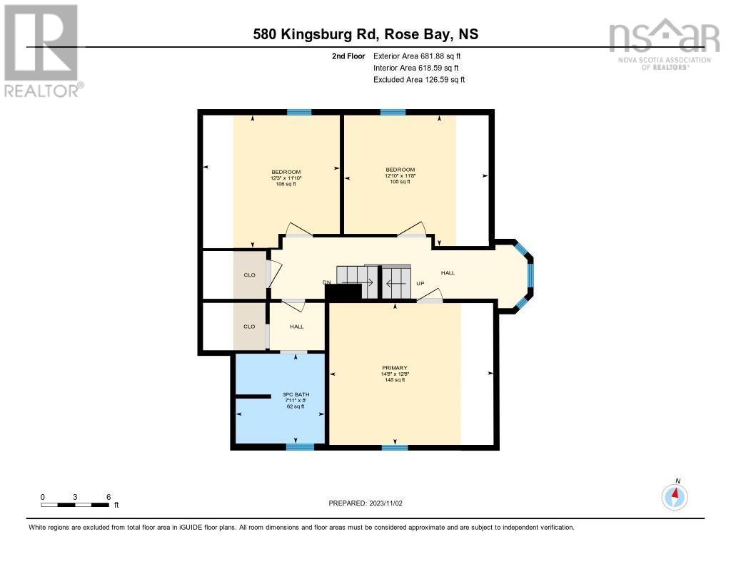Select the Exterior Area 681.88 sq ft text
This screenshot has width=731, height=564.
[418, 56]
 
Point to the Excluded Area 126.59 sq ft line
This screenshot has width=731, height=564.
[418, 80]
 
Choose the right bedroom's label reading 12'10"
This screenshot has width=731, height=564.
[399, 175]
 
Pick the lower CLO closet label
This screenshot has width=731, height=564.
[249, 327]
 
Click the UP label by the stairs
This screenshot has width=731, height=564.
[420, 283]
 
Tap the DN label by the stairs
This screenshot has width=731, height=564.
[327, 283]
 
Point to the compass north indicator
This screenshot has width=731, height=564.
[675, 495]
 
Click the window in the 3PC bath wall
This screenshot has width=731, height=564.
[300, 447]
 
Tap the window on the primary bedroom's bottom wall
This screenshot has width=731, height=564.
[395, 447]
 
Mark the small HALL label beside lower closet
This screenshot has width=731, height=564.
[297, 327]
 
